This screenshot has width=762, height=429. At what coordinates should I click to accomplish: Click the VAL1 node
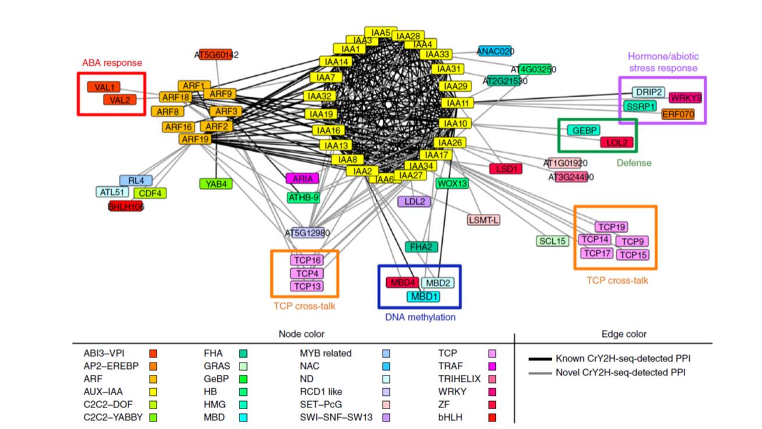(x=103, y=87)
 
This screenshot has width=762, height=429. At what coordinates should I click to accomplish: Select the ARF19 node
(x=195, y=139)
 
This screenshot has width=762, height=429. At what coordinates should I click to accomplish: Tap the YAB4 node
(x=216, y=184)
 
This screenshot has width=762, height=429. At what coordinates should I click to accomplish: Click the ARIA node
(x=302, y=179)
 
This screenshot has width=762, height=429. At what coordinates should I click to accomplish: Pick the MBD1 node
(x=423, y=296)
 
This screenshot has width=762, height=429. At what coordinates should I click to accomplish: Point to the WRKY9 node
(x=685, y=98)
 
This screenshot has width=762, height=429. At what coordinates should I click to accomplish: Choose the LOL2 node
(x=616, y=142)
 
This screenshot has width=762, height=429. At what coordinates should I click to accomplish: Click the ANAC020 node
(x=495, y=51)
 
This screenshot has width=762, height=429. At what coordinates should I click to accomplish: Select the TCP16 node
(x=306, y=261)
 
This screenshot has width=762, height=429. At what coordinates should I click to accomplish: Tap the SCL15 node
(x=552, y=241)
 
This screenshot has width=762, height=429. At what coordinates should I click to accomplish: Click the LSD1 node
(x=506, y=169)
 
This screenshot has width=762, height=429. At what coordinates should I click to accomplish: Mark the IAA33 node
(x=438, y=55)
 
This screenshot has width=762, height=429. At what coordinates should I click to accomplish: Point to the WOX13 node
(x=452, y=184)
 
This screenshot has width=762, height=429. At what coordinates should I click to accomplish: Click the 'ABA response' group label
(x=112, y=63)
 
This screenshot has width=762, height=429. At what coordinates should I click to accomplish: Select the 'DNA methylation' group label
(x=420, y=317)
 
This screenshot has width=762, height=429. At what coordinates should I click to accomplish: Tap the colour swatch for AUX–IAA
(x=153, y=392)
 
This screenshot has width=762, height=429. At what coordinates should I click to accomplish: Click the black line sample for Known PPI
(x=539, y=358)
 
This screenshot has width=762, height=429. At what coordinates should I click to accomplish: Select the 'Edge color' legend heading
(x=623, y=335)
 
